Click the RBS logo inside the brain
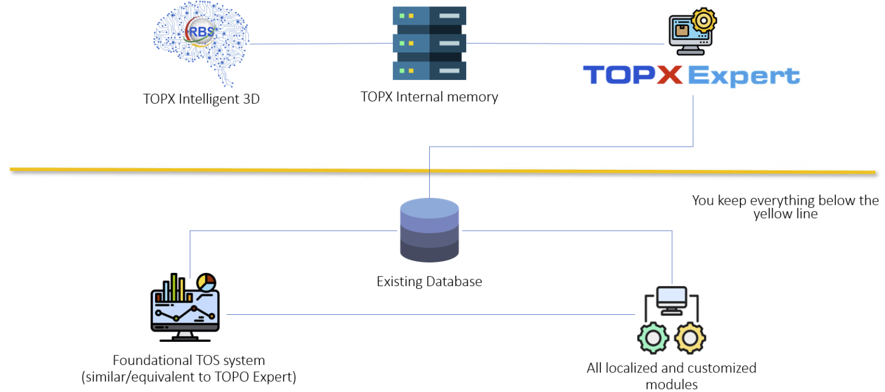coord(199,32)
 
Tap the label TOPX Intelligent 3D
coord(201,99)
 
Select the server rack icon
coord(429,43)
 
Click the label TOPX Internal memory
coord(429,97)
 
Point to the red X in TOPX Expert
coord(668,75)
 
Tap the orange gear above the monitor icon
coord(704,21)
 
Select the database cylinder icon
coord(429,230)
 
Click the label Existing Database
coord(429,282)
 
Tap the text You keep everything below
coord(785,201)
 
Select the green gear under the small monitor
coord(653,338)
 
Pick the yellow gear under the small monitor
coord(690,338)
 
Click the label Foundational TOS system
coord(189,361)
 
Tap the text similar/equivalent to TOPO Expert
coord(189,378)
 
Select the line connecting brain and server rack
coord(320,44)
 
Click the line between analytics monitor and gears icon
coord(429,314)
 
